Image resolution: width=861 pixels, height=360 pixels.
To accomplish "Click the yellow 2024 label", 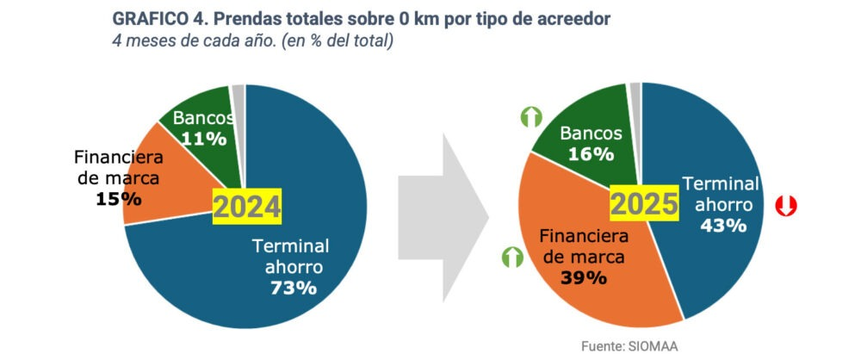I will [247, 207].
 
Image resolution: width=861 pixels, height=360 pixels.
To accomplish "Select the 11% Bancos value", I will [203, 138].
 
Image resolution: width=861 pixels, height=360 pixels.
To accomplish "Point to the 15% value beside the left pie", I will [119, 199].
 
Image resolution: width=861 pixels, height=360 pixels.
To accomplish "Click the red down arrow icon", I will [785, 207].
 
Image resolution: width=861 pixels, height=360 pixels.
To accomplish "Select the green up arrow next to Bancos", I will [530, 117].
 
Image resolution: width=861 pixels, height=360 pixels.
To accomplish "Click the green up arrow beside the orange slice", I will [511, 256].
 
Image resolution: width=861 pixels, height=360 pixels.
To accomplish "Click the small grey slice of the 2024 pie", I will [238, 94].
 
